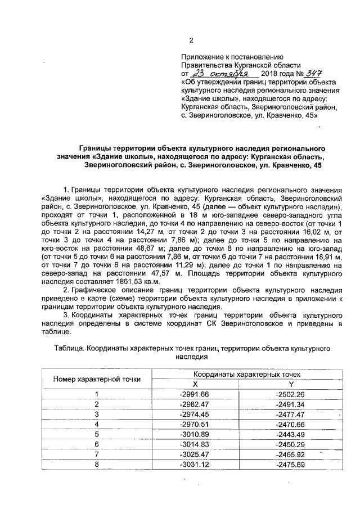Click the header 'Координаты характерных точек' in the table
pos(240,373)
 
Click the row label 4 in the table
pos(97,424)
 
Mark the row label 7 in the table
pos(97,454)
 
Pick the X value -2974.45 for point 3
pos(192,414)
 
